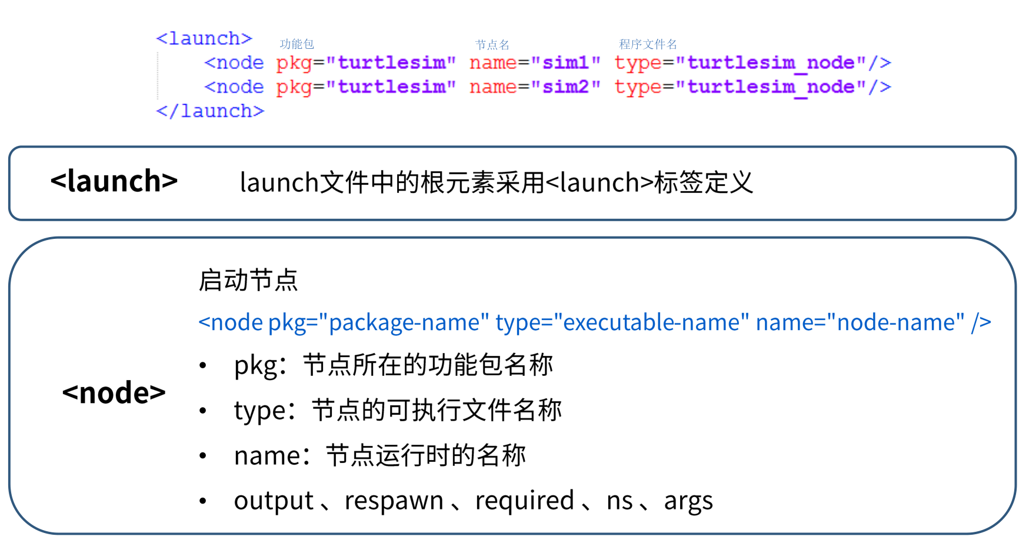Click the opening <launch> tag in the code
[204, 39]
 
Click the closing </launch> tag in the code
[210, 111]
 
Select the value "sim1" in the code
[565, 62]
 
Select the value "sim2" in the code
[565, 86]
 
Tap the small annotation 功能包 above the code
[297, 44]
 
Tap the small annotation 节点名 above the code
[492, 45]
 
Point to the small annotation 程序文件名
[648, 44]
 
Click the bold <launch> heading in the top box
[114, 181]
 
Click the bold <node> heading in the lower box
[114, 392]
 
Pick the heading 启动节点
[248, 280]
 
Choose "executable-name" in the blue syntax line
[651, 322]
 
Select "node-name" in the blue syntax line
[895, 322]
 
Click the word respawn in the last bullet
[394, 501]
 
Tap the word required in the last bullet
[524, 501]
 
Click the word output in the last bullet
[274, 501]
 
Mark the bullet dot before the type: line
[203, 411]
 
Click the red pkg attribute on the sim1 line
[294, 63]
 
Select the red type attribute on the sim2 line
[638, 87]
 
